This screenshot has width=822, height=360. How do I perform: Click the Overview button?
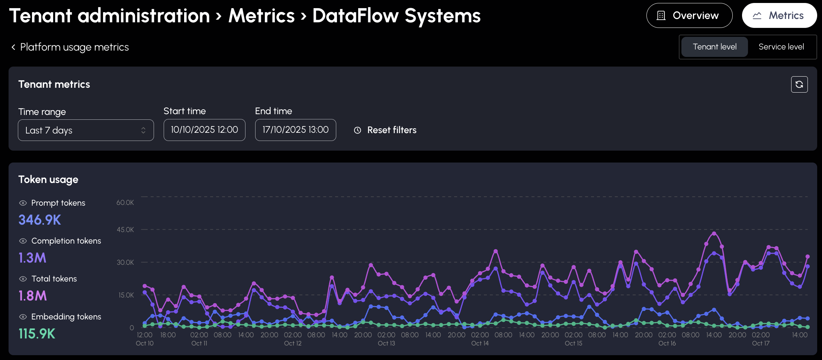689,16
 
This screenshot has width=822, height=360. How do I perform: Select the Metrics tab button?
779,16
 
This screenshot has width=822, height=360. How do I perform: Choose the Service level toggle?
781,47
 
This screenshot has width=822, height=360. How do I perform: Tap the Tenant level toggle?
715,47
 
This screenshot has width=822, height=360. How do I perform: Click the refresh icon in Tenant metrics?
799,84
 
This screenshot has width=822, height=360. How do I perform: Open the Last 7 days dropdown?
86,130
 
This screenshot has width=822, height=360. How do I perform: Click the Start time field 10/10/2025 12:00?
205,130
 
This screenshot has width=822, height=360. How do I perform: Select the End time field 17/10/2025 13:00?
296,130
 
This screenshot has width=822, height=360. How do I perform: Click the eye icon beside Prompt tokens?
23,203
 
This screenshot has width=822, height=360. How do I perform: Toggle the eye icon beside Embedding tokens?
23,317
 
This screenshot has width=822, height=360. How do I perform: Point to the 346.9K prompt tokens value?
40,220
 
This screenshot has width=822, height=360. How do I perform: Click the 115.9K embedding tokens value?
37,334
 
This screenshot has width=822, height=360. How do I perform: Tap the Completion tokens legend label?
66,241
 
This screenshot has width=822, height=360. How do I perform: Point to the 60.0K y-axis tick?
125,203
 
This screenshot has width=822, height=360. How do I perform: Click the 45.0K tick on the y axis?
125,230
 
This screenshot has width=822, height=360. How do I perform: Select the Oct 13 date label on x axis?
386,343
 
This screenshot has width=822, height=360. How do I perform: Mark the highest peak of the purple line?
714,234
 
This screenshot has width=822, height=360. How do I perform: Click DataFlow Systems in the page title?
396,16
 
